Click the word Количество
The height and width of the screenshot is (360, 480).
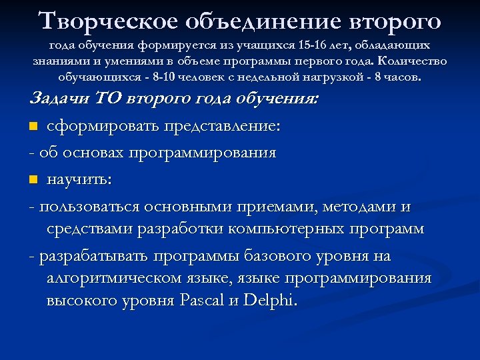[x=414, y=61]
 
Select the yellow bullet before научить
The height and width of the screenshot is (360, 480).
[x=34, y=181]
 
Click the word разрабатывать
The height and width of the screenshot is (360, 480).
[x=94, y=256]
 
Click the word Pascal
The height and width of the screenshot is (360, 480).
[x=203, y=301]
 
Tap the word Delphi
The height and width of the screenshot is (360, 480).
[x=268, y=301]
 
